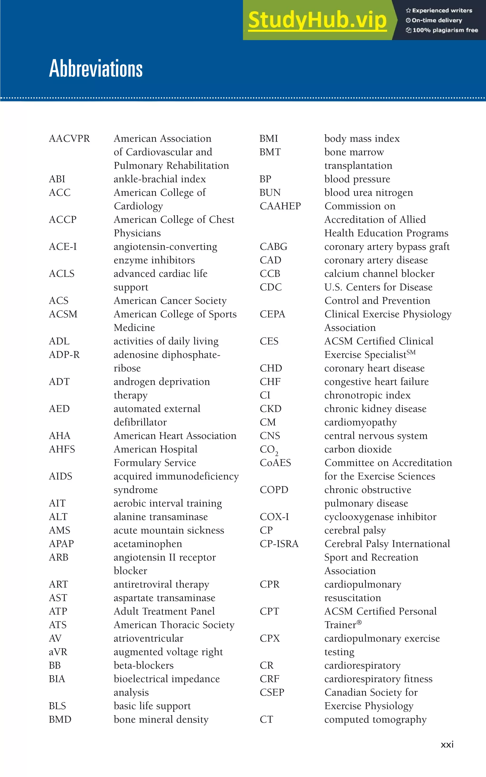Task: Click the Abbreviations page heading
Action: coord(96,68)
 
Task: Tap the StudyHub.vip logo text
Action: coord(317,20)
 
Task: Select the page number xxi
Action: coord(447,744)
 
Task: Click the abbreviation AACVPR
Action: coord(70,139)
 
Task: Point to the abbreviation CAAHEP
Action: coord(280,206)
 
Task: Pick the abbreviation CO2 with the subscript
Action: coord(269,450)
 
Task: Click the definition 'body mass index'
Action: coord(362,139)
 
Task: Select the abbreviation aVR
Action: coord(58,652)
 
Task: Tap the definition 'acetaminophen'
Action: coord(148,544)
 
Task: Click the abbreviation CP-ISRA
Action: coord(279,544)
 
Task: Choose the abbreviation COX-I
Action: coord(274,517)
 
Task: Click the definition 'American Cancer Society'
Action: coord(170,301)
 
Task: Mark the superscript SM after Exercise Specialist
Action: coord(411,352)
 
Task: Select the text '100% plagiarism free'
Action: coord(445,30)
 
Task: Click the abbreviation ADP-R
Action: coord(64,355)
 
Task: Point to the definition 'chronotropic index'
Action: coord(367,395)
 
